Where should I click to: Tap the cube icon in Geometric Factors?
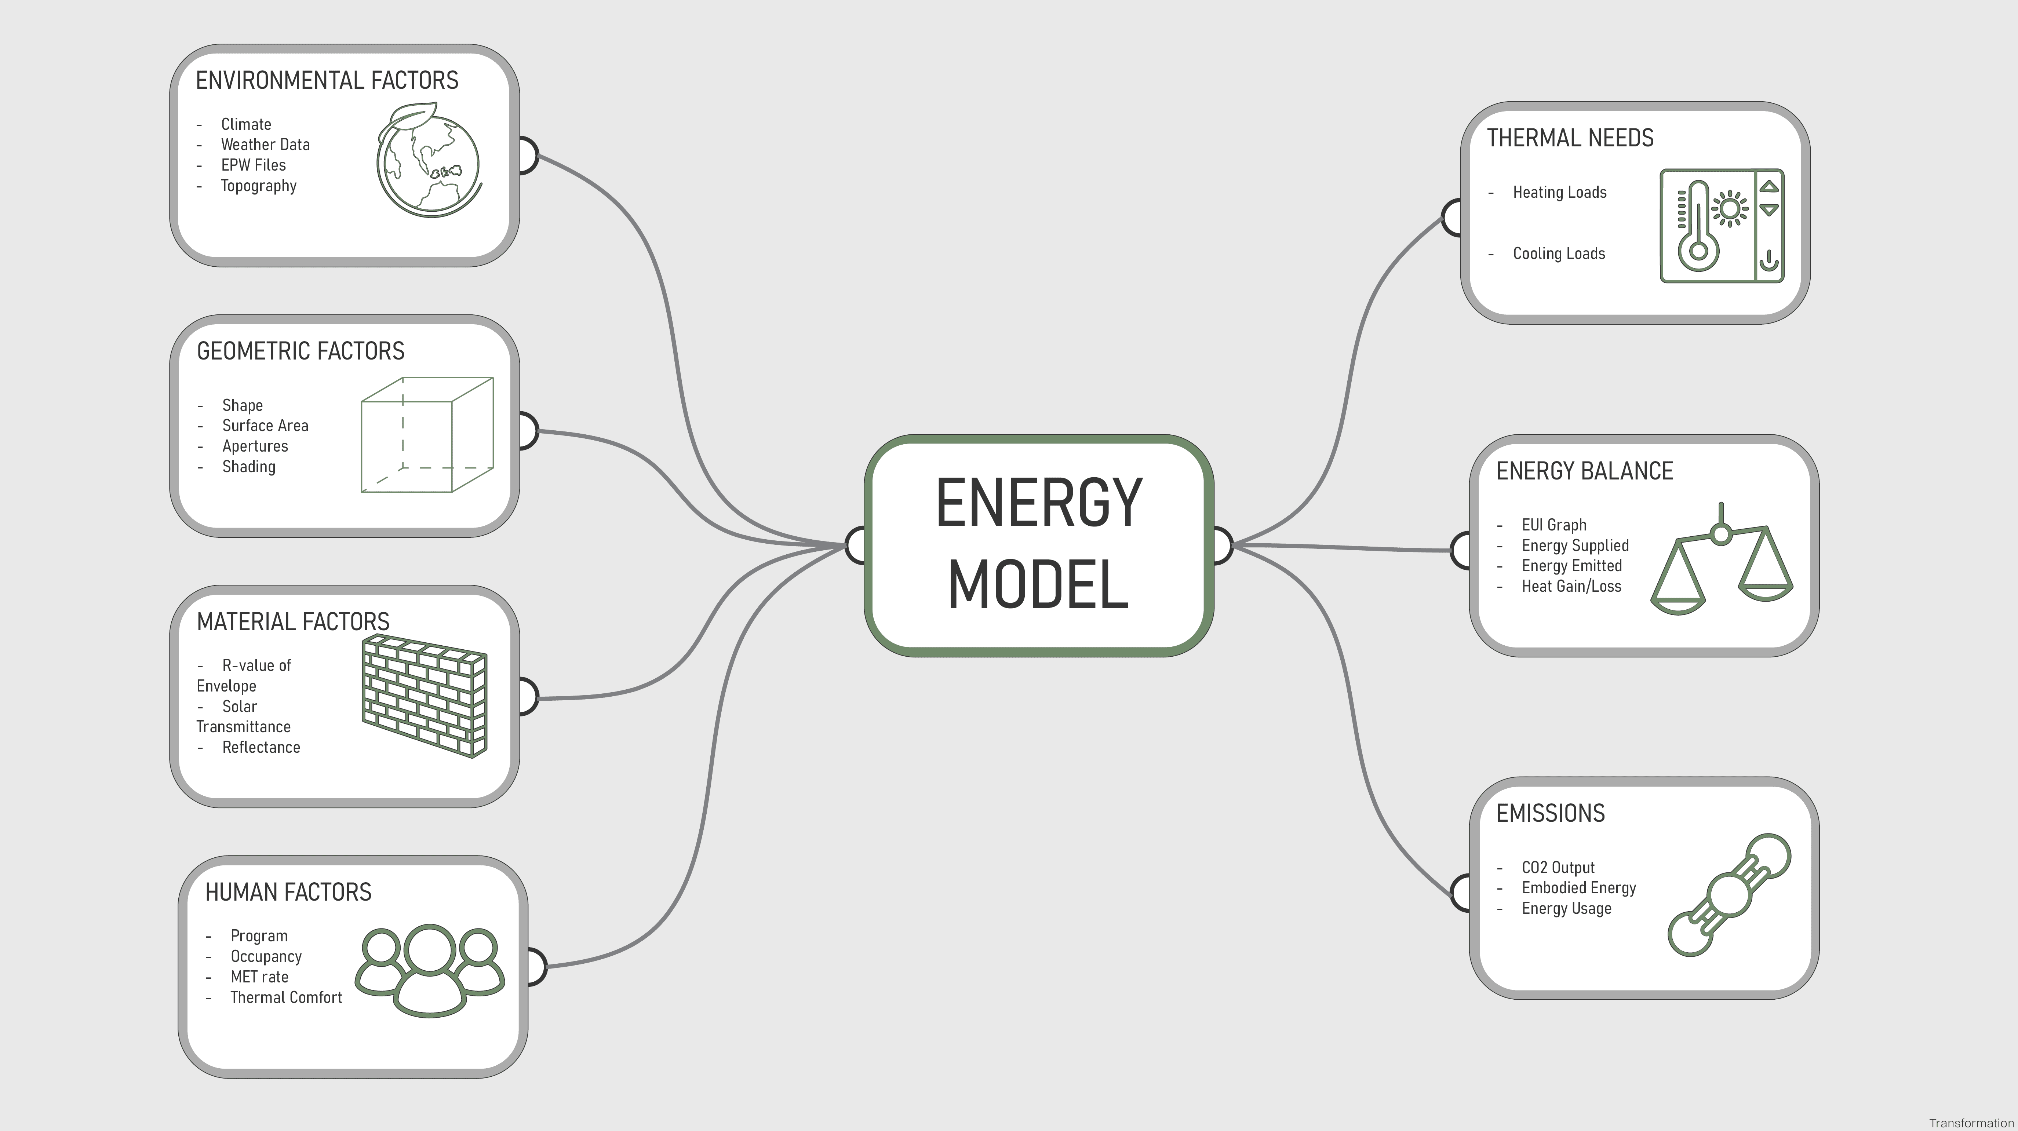coord(427,435)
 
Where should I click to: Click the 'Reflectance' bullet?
coord(261,747)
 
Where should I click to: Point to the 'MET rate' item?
coord(259,977)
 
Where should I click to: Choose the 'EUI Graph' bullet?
coord(1553,525)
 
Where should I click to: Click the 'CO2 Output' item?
coord(1558,867)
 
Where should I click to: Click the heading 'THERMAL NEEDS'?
coord(1570,138)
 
